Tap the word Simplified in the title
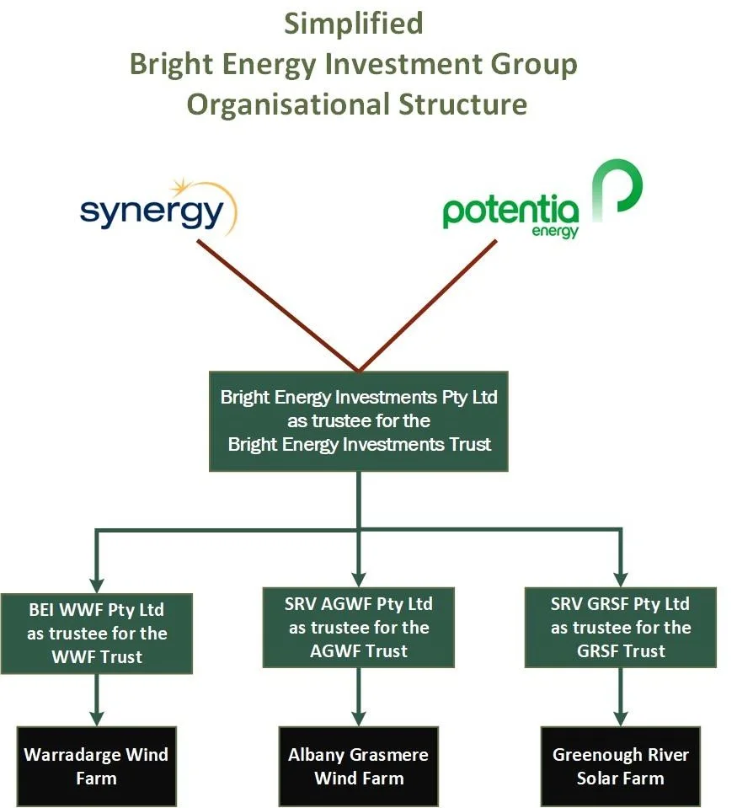coord(353,24)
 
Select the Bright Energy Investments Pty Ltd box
coord(359,420)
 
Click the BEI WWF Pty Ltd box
coord(96,633)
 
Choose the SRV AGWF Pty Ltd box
coord(360,627)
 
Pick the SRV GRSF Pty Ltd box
coord(621,627)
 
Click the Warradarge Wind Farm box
coord(96,765)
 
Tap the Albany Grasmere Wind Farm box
coord(359,765)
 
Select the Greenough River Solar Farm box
coord(621,765)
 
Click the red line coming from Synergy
coord(278,305)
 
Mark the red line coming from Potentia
coord(430,305)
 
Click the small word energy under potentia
coord(555,230)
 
